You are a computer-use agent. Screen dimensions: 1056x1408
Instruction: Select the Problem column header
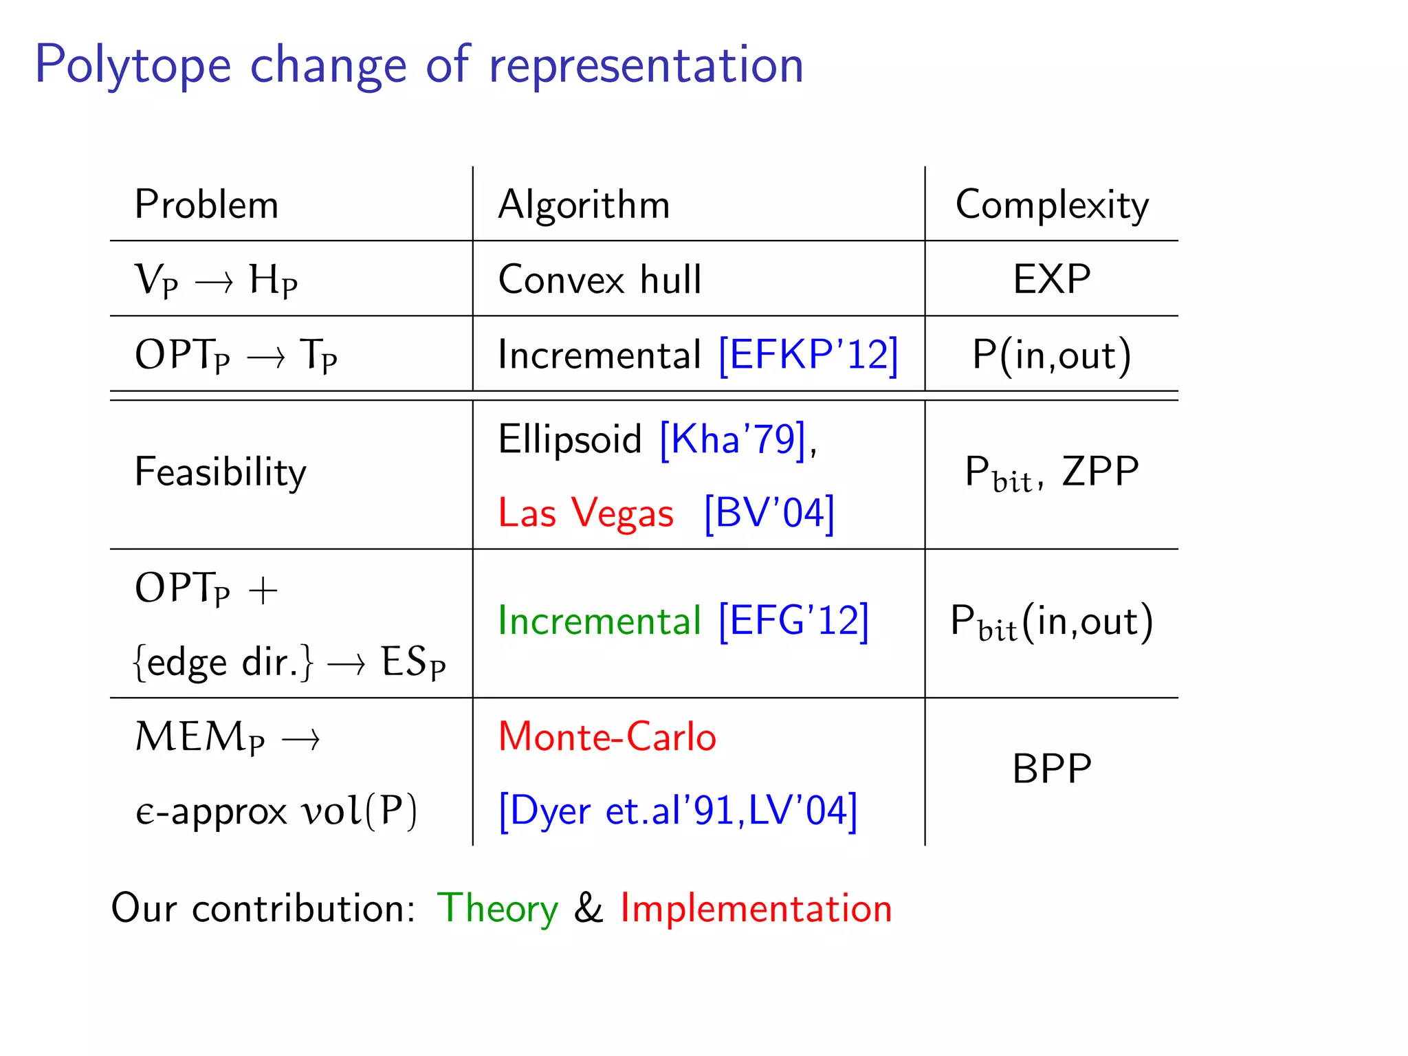click(x=206, y=205)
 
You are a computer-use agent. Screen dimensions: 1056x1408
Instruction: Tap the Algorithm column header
click(x=584, y=205)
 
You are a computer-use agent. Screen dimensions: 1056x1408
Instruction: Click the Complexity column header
click(x=1051, y=205)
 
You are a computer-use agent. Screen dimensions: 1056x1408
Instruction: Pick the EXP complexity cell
click(x=1051, y=279)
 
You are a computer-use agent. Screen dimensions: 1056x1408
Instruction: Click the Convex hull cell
click(x=599, y=280)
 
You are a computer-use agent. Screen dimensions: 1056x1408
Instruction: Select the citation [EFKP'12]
click(x=808, y=355)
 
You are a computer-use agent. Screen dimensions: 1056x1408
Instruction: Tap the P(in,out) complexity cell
click(x=1051, y=355)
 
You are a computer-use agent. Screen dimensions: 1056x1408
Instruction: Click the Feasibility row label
click(x=220, y=472)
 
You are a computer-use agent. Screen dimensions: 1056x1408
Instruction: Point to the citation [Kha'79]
click(x=732, y=439)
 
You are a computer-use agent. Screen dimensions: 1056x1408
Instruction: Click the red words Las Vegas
click(x=586, y=514)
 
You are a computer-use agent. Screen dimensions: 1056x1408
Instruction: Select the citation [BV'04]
click(x=769, y=514)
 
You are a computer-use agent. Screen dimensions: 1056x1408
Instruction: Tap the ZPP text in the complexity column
click(x=1100, y=472)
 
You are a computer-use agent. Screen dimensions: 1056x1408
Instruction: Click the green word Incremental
click(x=599, y=621)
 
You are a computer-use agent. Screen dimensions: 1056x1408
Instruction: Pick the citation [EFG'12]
click(x=793, y=621)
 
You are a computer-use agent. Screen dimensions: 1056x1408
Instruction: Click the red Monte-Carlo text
click(x=607, y=737)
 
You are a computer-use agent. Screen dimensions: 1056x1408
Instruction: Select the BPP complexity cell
click(x=1051, y=769)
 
